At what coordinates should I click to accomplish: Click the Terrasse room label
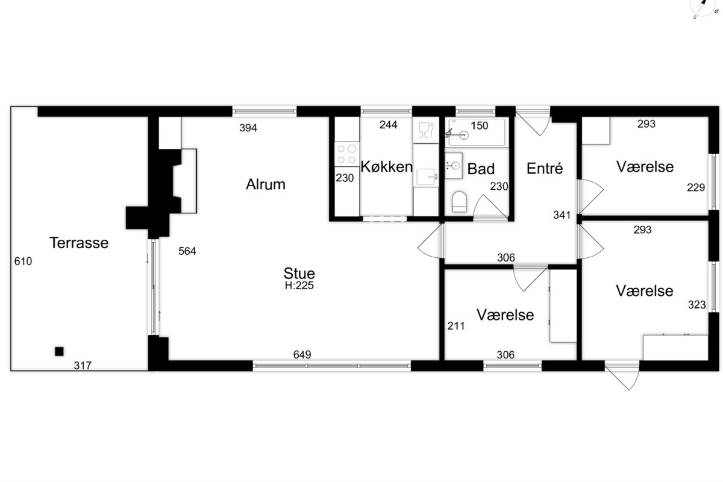[x=79, y=243]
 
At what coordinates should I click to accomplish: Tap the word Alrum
[x=266, y=184]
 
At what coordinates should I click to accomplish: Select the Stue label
[x=299, y=274]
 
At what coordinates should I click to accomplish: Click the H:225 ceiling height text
[x=299, y=286]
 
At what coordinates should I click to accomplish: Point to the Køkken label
[x=386, y=166]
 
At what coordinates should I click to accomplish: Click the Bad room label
[x=481, y=169]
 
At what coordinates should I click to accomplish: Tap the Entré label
[x=545, y=168]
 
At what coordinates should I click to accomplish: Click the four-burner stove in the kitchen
[x=347, y=154]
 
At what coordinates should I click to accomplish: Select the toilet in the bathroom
[x=459, y=202]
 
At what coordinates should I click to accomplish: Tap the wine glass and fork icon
[x=426, y=130]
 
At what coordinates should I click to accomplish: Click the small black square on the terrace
[x=59, y=351]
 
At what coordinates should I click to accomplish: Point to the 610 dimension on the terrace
[x=23, y=261]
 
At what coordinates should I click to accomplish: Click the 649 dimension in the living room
[x=302, y=354]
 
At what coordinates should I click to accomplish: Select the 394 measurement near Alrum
[x=248, y=128]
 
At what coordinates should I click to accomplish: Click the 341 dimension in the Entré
[x=562, y=215]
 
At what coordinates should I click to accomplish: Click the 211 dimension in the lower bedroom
[x=456, y=326]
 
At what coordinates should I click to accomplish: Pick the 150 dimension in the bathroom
[x=480, y=125]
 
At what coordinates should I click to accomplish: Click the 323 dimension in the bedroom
[x=697, y=305]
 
